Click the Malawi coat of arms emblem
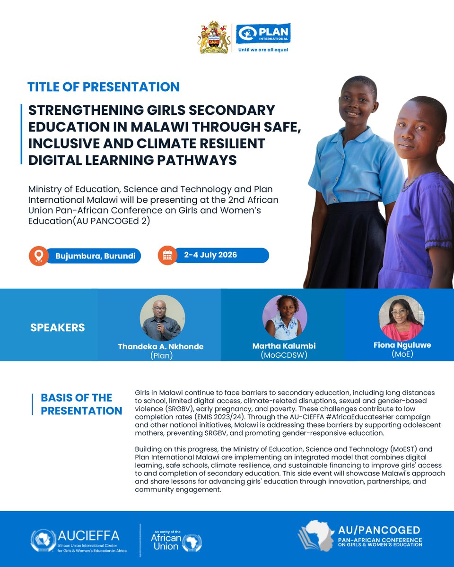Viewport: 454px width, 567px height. point(214,37)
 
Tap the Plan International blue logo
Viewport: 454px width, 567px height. point(263,33)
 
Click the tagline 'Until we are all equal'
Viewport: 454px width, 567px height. point(263,50)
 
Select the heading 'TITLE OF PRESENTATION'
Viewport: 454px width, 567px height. point(104,87)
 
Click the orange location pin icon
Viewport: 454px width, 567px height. point(39,256)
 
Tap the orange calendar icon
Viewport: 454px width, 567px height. point(167,255)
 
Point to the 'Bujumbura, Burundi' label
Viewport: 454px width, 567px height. point(95,256)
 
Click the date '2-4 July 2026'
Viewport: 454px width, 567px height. point(210,255)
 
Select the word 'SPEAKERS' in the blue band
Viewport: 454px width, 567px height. point(58,327)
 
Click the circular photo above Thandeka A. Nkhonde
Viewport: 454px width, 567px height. point(162,318)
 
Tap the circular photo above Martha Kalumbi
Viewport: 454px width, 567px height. point(285,318)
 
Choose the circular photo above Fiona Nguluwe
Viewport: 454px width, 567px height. point(402,318)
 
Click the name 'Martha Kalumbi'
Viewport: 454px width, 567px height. point(284,346)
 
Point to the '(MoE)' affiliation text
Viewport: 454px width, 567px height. point(402,354)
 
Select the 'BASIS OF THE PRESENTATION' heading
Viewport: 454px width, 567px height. point(81,404)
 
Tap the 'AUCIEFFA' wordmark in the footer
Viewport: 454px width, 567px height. point(88,535)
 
